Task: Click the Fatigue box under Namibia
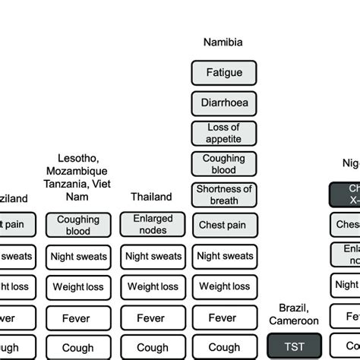223,73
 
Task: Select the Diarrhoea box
223,103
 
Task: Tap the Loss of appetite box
223,133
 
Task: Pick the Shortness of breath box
223,194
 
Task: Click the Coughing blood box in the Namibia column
223,164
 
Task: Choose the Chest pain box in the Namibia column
223,225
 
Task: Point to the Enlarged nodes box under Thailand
153,225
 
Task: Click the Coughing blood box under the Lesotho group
78,225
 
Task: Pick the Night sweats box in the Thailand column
153,257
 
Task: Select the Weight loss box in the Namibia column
223,287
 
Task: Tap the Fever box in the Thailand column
153,318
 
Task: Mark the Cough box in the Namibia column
223,347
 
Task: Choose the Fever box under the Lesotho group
78,318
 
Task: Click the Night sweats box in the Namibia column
223,257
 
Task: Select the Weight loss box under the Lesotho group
78,287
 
